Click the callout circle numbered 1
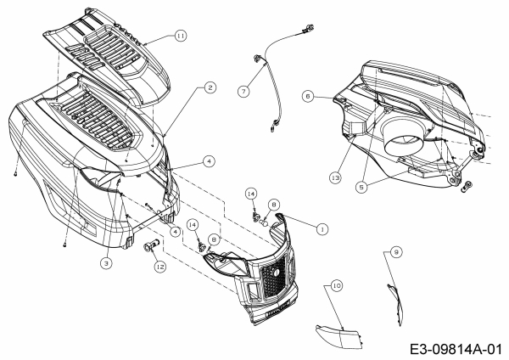(321, 228)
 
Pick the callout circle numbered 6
(308, 97)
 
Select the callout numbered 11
(181, 36)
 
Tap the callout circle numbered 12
(159, 267)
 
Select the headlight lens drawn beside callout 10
(336, 333)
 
